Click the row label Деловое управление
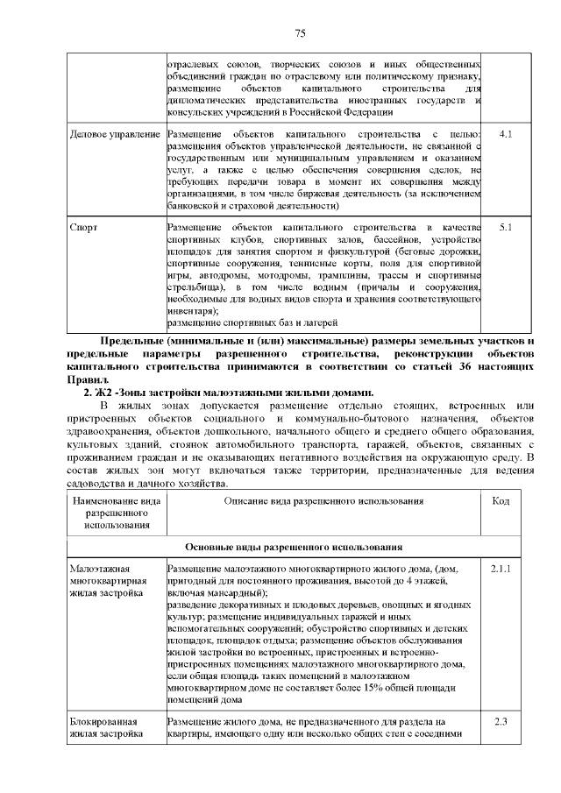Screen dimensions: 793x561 (114, 134)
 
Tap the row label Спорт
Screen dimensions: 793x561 (83, 227)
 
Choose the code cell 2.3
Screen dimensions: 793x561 (501, 721)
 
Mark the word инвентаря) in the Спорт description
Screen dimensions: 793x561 (194, 310)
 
